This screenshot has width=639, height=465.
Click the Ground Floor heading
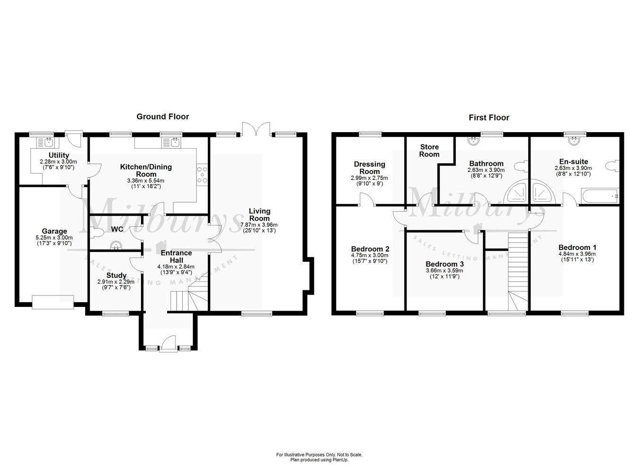[x=162, y=116]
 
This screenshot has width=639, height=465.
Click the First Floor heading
[x=489, y=117]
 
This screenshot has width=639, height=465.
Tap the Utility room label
[x=59, y=155]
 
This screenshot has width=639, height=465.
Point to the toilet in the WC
[x=97, y=232]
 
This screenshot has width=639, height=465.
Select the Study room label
[x=116, y=275]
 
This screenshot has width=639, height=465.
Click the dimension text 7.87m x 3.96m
[x=259, y=225]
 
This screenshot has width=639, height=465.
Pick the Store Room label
[x=429, y=151]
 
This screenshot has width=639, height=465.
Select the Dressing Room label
[x=370, y=168]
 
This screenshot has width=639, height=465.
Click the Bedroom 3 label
[x=444, y=264]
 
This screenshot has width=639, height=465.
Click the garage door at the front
[x=53, y=302]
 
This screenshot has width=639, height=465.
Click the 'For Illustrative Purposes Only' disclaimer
[x=319, y=455]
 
